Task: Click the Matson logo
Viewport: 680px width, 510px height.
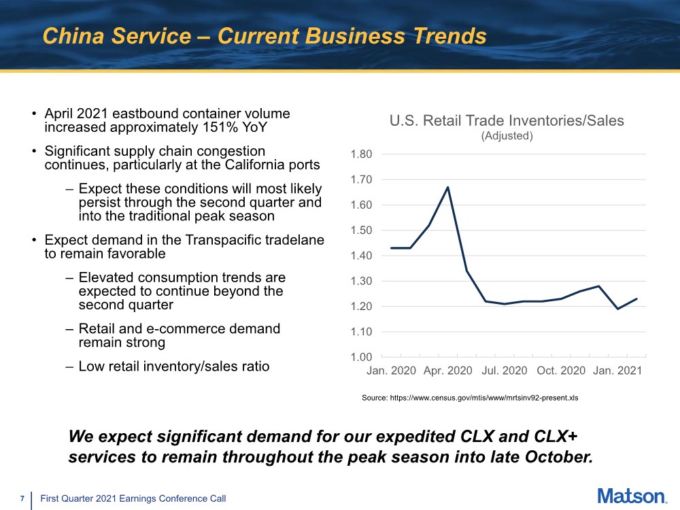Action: click(x=632, y=496)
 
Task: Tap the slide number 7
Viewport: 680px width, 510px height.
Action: click(x=22, y=499)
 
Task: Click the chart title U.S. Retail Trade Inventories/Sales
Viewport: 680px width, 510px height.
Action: click(x=507, y=121)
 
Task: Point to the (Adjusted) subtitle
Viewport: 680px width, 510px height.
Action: click(x=507, y=136)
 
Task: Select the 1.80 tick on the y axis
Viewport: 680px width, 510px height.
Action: click(x=361, y=154)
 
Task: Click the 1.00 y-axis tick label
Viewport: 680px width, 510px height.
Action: click(x=361, y=357)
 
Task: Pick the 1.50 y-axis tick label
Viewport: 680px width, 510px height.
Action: click(x=361, y=231)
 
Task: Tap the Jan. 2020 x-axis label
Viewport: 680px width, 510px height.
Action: click(x=391, y=371)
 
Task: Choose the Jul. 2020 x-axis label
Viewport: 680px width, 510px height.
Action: click(x=504, y=371)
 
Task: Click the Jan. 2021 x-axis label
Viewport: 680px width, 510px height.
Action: click(x=617, y=371)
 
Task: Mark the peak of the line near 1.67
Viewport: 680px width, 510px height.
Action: click(x=447, y=187)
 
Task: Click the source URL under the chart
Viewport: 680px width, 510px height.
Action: click(x=470, y=398)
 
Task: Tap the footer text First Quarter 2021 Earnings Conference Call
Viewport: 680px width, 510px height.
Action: click(x=133, y=499)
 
